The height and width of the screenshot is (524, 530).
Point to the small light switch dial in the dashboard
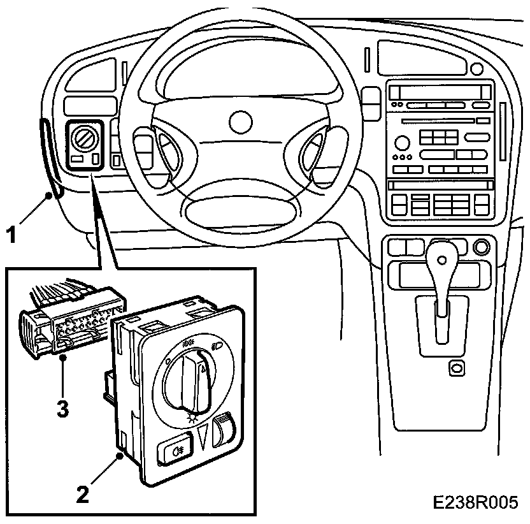[x=82, y=136]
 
